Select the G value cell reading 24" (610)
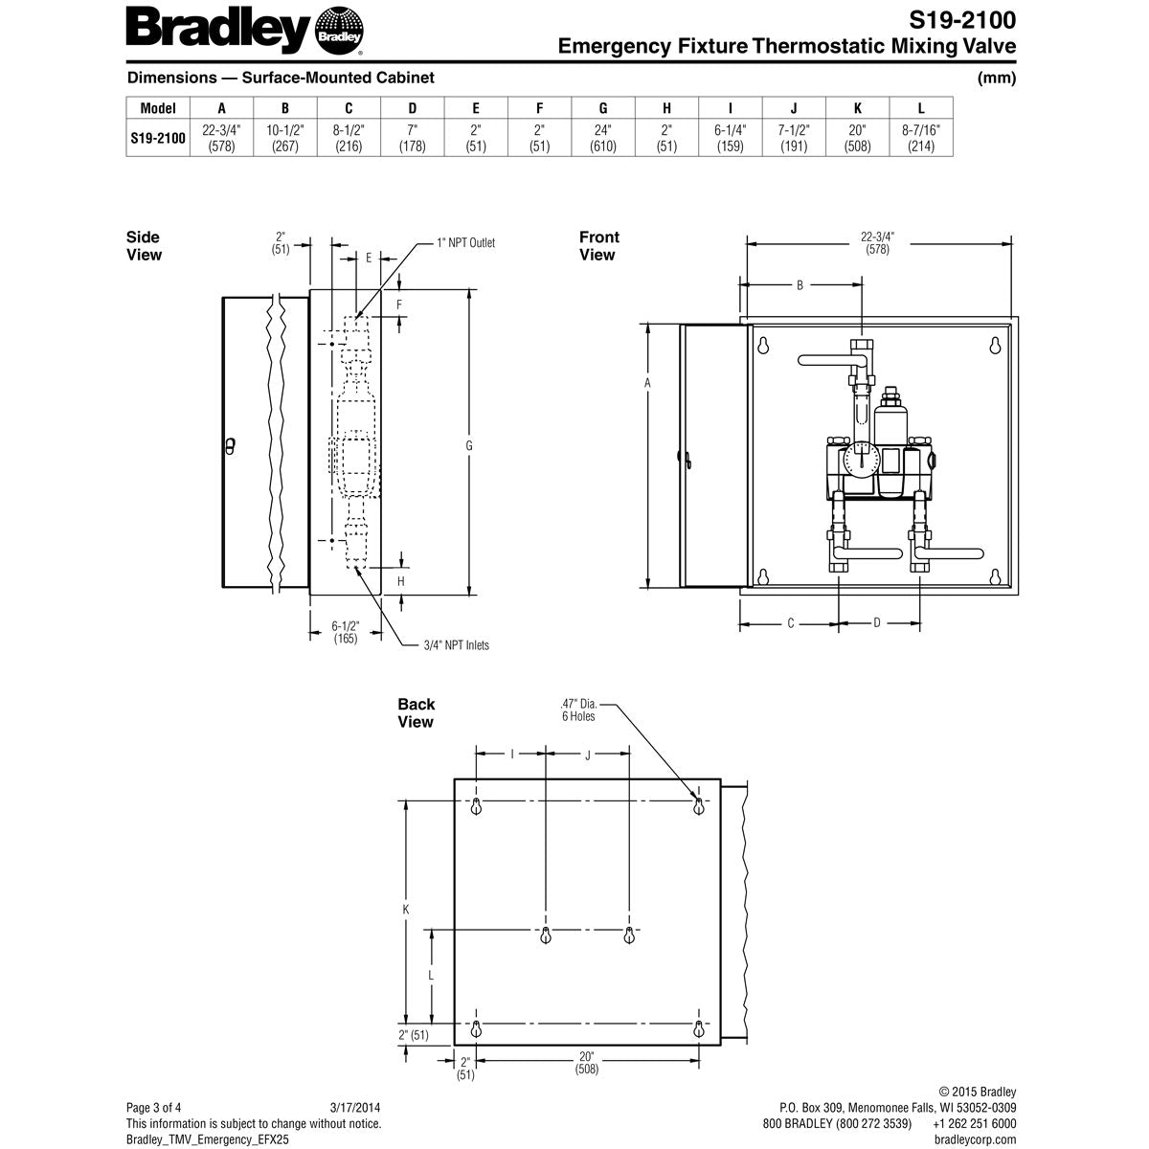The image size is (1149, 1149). pos(603,138)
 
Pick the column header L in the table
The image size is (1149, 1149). pos(920,108)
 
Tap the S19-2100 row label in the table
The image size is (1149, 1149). pos(158,138)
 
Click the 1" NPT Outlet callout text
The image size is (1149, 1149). pos(465,242)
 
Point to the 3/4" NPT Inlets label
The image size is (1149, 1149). pos(456,645)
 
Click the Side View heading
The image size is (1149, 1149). pos(144,246)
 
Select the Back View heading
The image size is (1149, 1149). pos(417,712)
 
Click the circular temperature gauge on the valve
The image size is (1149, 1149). pos(862,460)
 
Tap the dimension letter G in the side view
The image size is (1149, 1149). pos(468,445)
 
